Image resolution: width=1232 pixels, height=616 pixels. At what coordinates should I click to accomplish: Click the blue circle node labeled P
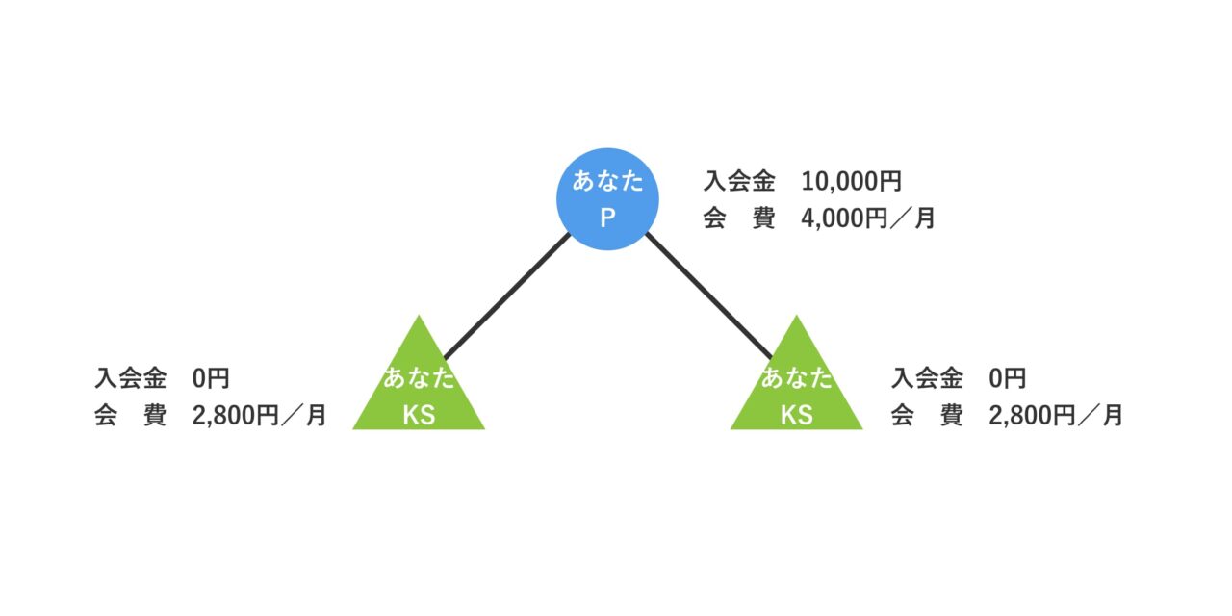(x=607, y=199)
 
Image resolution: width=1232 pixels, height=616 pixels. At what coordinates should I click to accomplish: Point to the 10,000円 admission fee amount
(x=851, y=181)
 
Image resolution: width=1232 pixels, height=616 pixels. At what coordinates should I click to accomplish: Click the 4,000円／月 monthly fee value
(x=867, y=218)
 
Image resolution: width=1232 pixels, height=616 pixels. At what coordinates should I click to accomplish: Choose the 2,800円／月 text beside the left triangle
(x=259, y=415)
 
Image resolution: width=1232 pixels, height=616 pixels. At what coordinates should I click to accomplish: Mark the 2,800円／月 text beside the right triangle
(x=1056, y=415)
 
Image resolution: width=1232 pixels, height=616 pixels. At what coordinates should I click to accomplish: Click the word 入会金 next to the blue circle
(x=739, y=181)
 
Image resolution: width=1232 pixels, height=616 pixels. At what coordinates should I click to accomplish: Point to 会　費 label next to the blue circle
(x=739, y=218)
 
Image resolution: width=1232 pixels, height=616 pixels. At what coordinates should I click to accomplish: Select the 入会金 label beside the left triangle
(x=131, y=377)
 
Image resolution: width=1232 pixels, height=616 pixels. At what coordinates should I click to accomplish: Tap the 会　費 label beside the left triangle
(x=131, y=415)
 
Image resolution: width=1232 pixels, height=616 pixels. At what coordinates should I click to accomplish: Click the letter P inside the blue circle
(x=607, y=218)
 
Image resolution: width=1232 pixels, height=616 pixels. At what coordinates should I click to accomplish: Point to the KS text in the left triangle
(x=419, y=415)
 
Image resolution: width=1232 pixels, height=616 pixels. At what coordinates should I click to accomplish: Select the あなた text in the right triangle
(x=796, y=378)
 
